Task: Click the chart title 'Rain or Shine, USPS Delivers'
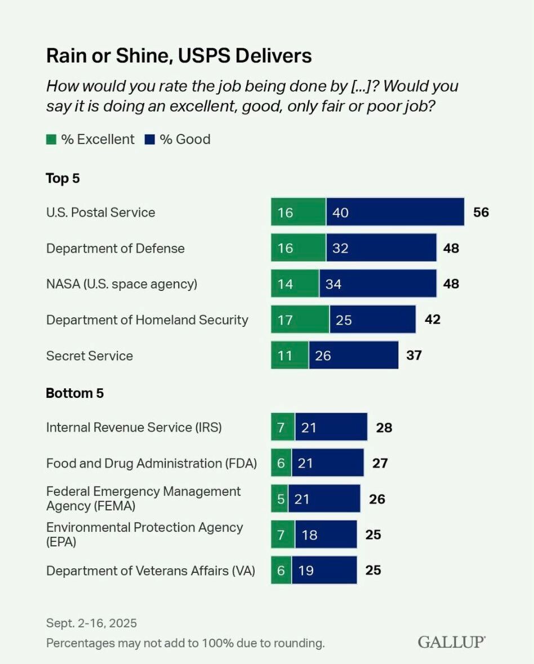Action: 179,56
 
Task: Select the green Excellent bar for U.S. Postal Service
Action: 298,212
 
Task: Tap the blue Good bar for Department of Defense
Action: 381,248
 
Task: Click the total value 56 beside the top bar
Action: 481,213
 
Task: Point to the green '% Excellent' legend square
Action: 51,140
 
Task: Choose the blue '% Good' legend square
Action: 150,140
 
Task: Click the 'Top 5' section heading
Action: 63,179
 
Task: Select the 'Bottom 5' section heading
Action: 75,393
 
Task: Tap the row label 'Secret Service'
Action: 90,356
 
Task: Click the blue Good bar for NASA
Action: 377,284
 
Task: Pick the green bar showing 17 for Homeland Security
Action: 300,320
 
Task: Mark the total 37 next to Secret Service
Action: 414,356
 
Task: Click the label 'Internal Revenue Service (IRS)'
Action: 134,427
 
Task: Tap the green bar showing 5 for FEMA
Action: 279,499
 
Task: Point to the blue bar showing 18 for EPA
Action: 326,534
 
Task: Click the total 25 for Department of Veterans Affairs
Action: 373,570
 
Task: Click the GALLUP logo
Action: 451,642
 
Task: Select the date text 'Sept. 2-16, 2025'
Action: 91,623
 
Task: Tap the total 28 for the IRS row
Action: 384,427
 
